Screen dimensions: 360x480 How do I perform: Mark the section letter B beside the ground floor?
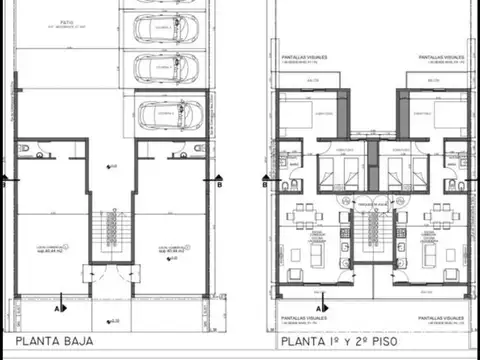coord(218,183)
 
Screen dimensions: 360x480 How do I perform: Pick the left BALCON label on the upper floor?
coord(314,80)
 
